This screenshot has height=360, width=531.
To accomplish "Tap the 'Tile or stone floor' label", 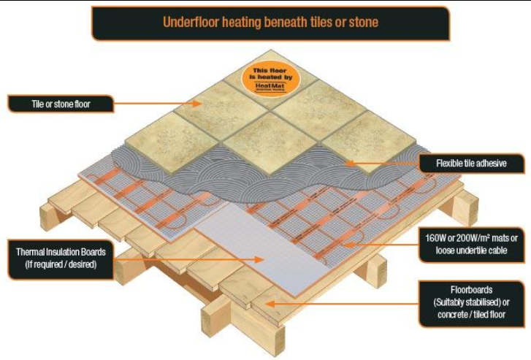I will tap(61, 104).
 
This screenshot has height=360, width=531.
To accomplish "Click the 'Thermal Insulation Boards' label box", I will tap(61, 258).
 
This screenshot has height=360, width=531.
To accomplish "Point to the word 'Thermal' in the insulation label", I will tap(32, 252).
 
